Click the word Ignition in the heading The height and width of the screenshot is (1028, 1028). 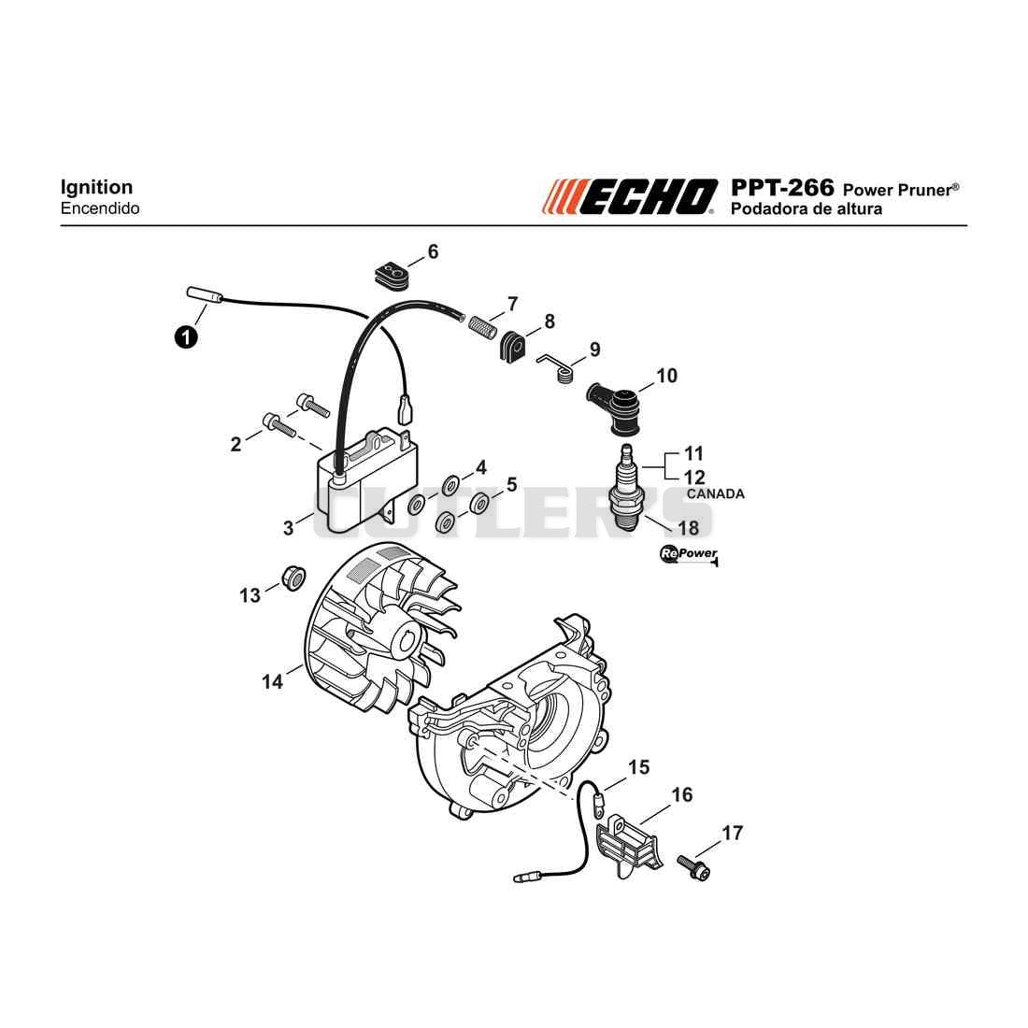pyautogui.click(x=96, y=188)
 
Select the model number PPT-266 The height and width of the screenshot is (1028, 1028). pyautogui.click(x=782, y=188)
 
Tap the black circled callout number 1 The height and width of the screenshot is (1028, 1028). pyautogui.click(x=187, y=337)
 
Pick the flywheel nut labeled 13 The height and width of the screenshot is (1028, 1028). pyautogui.click(x=293, y=577)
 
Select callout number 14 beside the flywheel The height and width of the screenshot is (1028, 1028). pyautogui.click(x=272, y=682)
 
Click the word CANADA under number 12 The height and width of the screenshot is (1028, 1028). pyautogui.click(x=715, y=493)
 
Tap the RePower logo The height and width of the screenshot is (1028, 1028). pyautogui.click(x=689, y=555)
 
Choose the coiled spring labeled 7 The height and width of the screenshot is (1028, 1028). pyautogui.click(x=482, y=325)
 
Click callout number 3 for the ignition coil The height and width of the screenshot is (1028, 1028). pyautogui.click(x=289, y=528)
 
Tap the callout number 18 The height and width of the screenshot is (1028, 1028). pyautogui.click(x=689, y=528)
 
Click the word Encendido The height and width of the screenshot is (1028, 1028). pyautogui.click(x=100, y=208)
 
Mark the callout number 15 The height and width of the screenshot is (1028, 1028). pyautogui.click(x=638, y=767)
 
